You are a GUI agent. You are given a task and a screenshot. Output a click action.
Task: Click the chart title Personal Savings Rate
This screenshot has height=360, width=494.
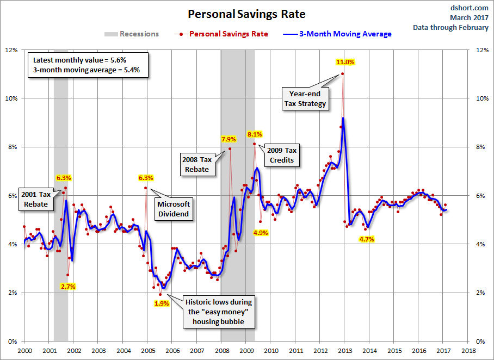[246, 14]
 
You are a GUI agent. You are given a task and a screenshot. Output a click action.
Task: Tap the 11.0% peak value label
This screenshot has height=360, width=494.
[344, 62]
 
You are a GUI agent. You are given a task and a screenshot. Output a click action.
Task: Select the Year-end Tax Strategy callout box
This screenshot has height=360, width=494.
[306, 99]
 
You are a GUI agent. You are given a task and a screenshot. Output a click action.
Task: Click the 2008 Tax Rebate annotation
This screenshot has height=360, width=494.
[197, 164]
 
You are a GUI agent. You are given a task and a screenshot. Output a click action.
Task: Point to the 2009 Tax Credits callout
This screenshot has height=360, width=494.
[281, 155]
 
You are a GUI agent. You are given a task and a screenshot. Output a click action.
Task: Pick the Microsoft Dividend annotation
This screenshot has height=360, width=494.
[174, 209]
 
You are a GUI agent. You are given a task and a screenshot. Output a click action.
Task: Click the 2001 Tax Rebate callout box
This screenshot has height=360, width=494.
[36, 199]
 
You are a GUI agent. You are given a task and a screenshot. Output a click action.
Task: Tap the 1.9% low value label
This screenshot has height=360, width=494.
[161, 303]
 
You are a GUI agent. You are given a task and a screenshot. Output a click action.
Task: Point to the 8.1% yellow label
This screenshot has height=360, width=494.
[255, 134]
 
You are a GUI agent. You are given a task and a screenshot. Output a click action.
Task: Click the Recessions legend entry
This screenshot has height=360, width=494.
[132, 34]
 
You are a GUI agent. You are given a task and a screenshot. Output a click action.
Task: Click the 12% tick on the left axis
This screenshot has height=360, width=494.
[11, 50]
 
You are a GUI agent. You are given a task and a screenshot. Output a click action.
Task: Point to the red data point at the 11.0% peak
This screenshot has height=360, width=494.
[342, 74]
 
